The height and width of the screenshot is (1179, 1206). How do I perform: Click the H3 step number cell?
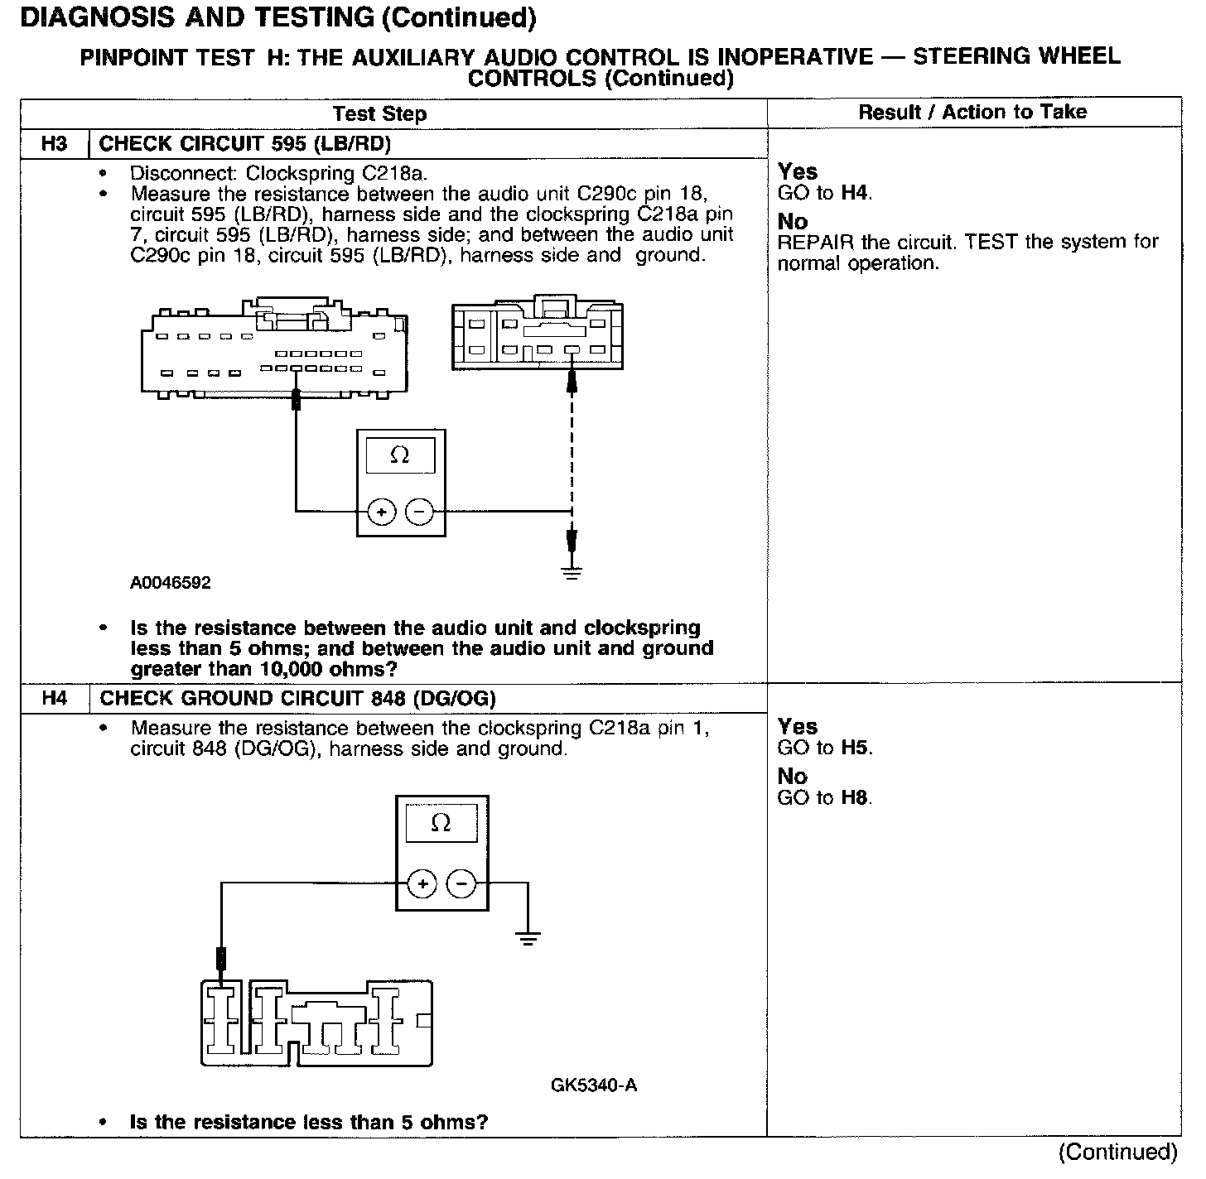click(54, 144)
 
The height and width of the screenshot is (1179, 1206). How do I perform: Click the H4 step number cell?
click(54, 699)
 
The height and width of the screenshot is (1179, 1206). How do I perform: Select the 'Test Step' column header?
click(379, 114)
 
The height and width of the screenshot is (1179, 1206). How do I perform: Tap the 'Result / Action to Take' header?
click(972, 113)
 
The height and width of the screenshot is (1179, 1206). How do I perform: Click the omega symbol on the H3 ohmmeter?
click(400, 455)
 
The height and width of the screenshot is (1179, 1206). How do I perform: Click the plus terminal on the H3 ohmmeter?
click(381, 513)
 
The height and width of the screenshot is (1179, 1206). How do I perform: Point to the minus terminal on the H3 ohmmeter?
click(420, 513)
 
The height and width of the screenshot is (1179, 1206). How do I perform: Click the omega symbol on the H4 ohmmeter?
click(441, 822)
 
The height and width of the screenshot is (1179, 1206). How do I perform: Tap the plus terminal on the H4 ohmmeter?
click(422, 884)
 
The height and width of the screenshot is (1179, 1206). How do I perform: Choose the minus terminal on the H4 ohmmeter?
click(461, 884)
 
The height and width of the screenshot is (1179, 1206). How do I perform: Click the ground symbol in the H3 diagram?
click(572, 572)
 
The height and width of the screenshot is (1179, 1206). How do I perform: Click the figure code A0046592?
click(171, 583)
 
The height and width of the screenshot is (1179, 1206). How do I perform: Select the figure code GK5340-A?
click(594, 1085)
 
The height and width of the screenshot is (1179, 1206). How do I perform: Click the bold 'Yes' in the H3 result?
click(798, 172)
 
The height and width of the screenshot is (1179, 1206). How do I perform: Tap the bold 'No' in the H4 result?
click(792, 777)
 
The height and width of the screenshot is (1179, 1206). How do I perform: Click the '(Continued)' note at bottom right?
click(1117, 1153)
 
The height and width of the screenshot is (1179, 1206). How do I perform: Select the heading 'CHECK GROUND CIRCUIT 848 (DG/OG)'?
click(298, 699)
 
